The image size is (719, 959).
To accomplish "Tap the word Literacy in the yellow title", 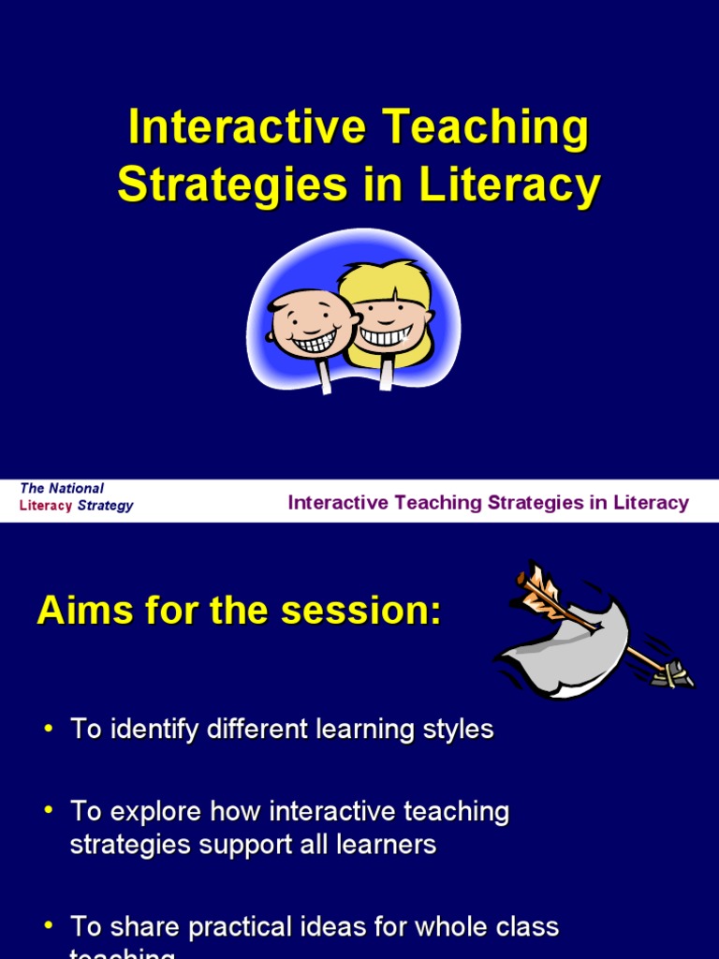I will [509, 184].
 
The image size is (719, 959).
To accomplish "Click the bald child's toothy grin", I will [314, 341].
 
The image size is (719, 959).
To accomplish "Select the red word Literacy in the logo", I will [46, 506].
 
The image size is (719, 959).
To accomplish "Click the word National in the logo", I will [76, 489].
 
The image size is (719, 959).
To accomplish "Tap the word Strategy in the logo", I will [105, 506].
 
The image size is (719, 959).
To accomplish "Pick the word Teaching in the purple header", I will [438, 503].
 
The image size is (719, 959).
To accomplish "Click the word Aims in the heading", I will [81, 612].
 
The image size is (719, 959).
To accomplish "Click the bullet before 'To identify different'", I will [48, 730].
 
